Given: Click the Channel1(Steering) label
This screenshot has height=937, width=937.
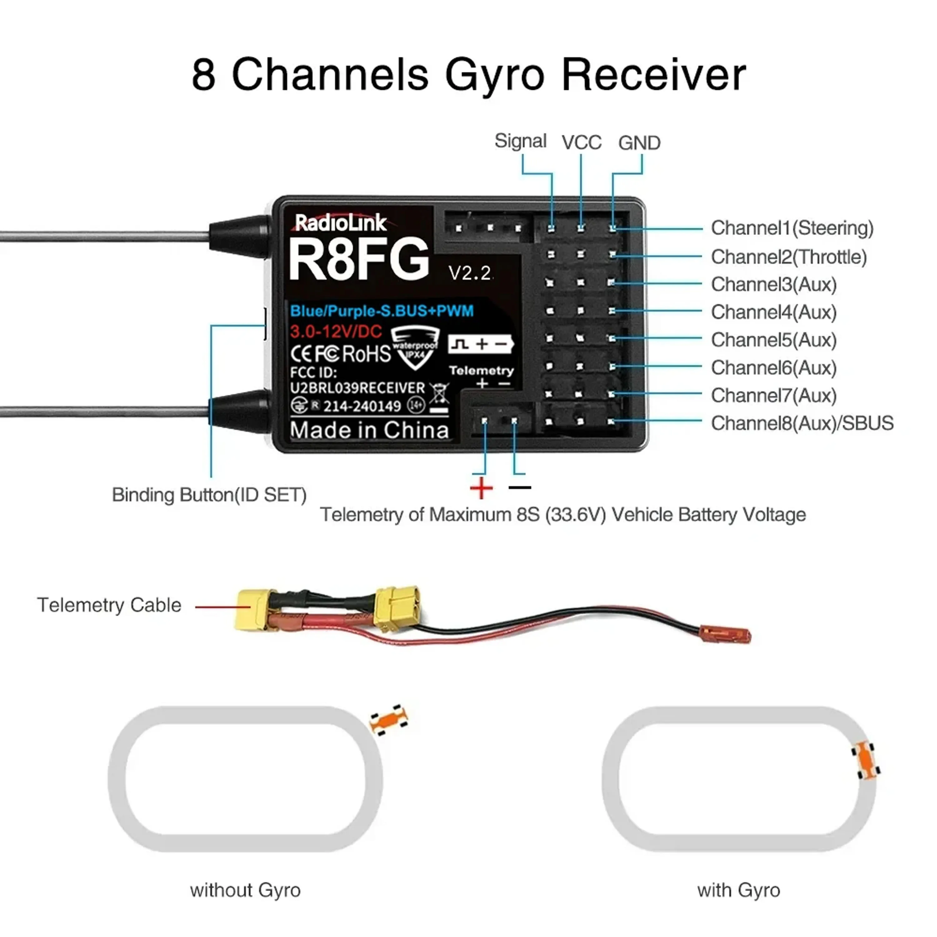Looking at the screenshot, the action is coord(792,228).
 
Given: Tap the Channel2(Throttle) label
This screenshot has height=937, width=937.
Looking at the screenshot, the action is coord(789,256).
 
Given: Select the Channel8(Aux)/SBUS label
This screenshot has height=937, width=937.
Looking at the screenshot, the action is coord(802,423).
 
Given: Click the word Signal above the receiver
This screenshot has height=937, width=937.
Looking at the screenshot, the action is coord(520,141).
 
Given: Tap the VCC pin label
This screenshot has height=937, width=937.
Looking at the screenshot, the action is coord(582,143).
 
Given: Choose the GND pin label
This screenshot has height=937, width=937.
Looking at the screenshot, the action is coord(639,143).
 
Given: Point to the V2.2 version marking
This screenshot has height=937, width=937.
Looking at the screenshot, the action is coord(470,273).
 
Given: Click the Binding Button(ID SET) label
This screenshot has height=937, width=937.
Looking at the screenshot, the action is coord(209,495).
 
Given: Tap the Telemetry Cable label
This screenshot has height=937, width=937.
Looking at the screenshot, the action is coord(109,605).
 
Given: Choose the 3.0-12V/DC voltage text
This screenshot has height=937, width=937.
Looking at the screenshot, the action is coord(336,332).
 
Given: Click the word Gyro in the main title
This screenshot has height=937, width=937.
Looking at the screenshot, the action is coord(495,77).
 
